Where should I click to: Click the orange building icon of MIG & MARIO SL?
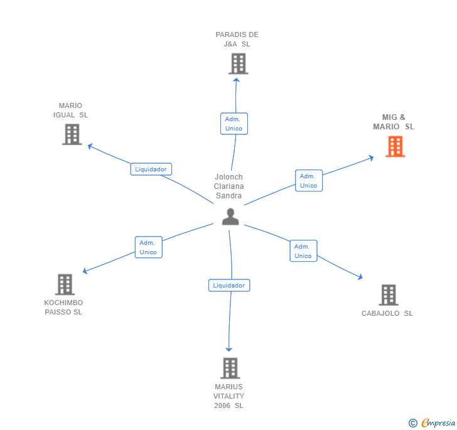click(395, 146)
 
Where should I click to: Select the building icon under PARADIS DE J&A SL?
click(238, 63)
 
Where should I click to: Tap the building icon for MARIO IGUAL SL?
click(72, 134)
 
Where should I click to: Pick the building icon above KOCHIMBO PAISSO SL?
click(65, 284)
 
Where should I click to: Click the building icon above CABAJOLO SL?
click(389, 295)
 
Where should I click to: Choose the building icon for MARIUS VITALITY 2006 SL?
click(230, 368)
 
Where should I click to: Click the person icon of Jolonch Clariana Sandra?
click(230, 217)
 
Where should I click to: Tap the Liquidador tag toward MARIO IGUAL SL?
click(151, 169)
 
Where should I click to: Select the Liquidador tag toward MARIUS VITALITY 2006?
click(229, 286)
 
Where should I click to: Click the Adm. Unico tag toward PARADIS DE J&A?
click(234, 124)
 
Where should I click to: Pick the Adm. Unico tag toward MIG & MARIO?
click(308, 181)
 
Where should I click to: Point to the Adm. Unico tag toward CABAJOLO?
click(303, 251)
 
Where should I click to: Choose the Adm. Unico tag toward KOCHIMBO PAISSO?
click(148, 247)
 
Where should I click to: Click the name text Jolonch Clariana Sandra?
click(228, 186)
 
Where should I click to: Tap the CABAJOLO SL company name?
click(387, 313)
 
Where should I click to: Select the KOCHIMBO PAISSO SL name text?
click(63, 307)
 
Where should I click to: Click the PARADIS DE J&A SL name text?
click(237, 40)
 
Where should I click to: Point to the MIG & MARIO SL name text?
click(394, 122)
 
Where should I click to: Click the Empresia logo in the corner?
click(432, 423)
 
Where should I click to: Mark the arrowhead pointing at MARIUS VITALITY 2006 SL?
click(229, 348)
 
